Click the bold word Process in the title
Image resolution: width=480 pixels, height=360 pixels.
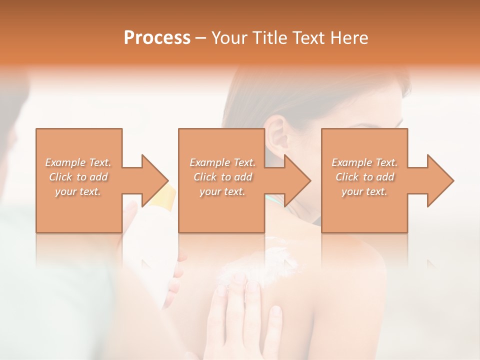click(157, 38)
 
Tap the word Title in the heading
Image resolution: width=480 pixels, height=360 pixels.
click(266, 38)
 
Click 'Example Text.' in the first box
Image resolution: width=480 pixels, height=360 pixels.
click(78, 162)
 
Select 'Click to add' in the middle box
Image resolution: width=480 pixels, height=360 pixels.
click(222, 177)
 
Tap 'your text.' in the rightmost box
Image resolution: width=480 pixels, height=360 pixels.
click(364, 191)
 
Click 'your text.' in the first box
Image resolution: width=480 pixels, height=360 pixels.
click(78, 191)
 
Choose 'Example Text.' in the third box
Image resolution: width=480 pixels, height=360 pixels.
click(364, 162)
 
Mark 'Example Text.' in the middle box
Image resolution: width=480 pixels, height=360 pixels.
click(222, 162)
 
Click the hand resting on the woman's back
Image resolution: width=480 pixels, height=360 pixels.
click(245, 315)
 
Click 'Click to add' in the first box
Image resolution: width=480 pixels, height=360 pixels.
click(78, 177)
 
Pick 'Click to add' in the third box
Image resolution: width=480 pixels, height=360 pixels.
click(364, 177)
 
